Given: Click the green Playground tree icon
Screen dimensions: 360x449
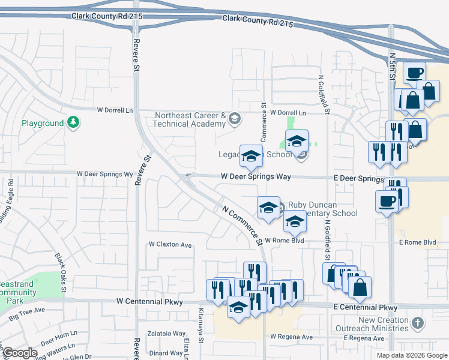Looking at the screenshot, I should (73, 122).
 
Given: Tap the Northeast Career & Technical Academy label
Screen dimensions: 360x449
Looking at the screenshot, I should (190, 119).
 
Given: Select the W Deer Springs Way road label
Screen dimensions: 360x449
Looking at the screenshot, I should (256, 177).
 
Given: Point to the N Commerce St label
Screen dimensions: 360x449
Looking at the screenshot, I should (243, 226).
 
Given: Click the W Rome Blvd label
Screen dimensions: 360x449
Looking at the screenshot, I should (285, 241).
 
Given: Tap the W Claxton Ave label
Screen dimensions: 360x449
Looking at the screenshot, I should (170, 245).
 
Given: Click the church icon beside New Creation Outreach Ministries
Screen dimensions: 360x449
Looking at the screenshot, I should (417, 324).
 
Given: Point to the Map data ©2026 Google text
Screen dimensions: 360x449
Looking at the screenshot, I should (411, 355).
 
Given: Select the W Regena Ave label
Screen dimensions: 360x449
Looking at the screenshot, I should (292, 337).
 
